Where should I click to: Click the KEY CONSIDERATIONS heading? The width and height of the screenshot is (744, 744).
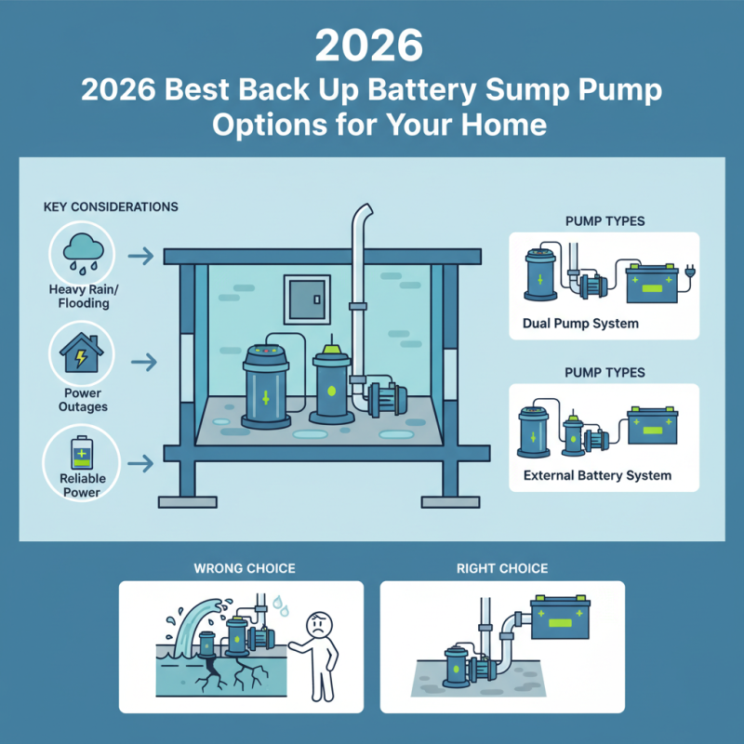(111, 206)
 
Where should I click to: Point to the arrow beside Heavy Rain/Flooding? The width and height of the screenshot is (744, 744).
(140, 255)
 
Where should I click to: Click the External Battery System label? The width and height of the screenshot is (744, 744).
(591, 475)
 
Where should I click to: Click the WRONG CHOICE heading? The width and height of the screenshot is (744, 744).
(240, 567)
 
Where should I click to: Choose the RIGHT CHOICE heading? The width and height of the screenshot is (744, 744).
(502, 567)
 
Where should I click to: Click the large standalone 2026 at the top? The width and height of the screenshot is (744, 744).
(371, 44)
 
